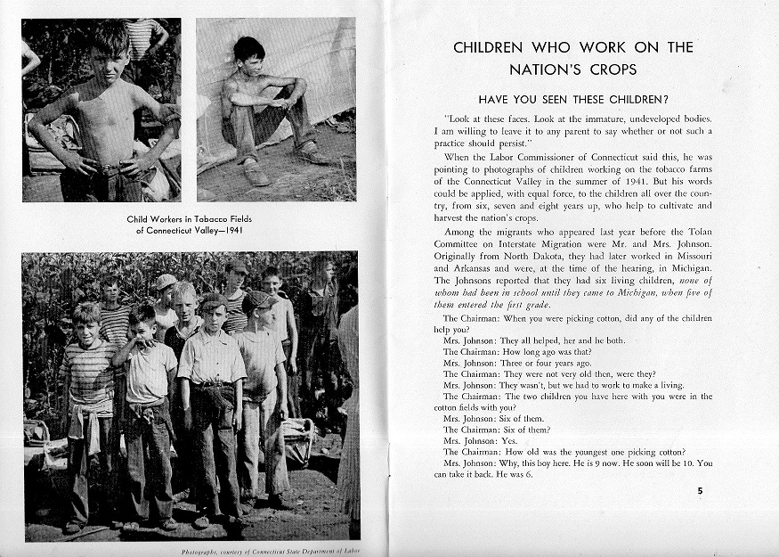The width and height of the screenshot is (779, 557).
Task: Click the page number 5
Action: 700,489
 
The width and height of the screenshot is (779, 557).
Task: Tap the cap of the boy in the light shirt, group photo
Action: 213,302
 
